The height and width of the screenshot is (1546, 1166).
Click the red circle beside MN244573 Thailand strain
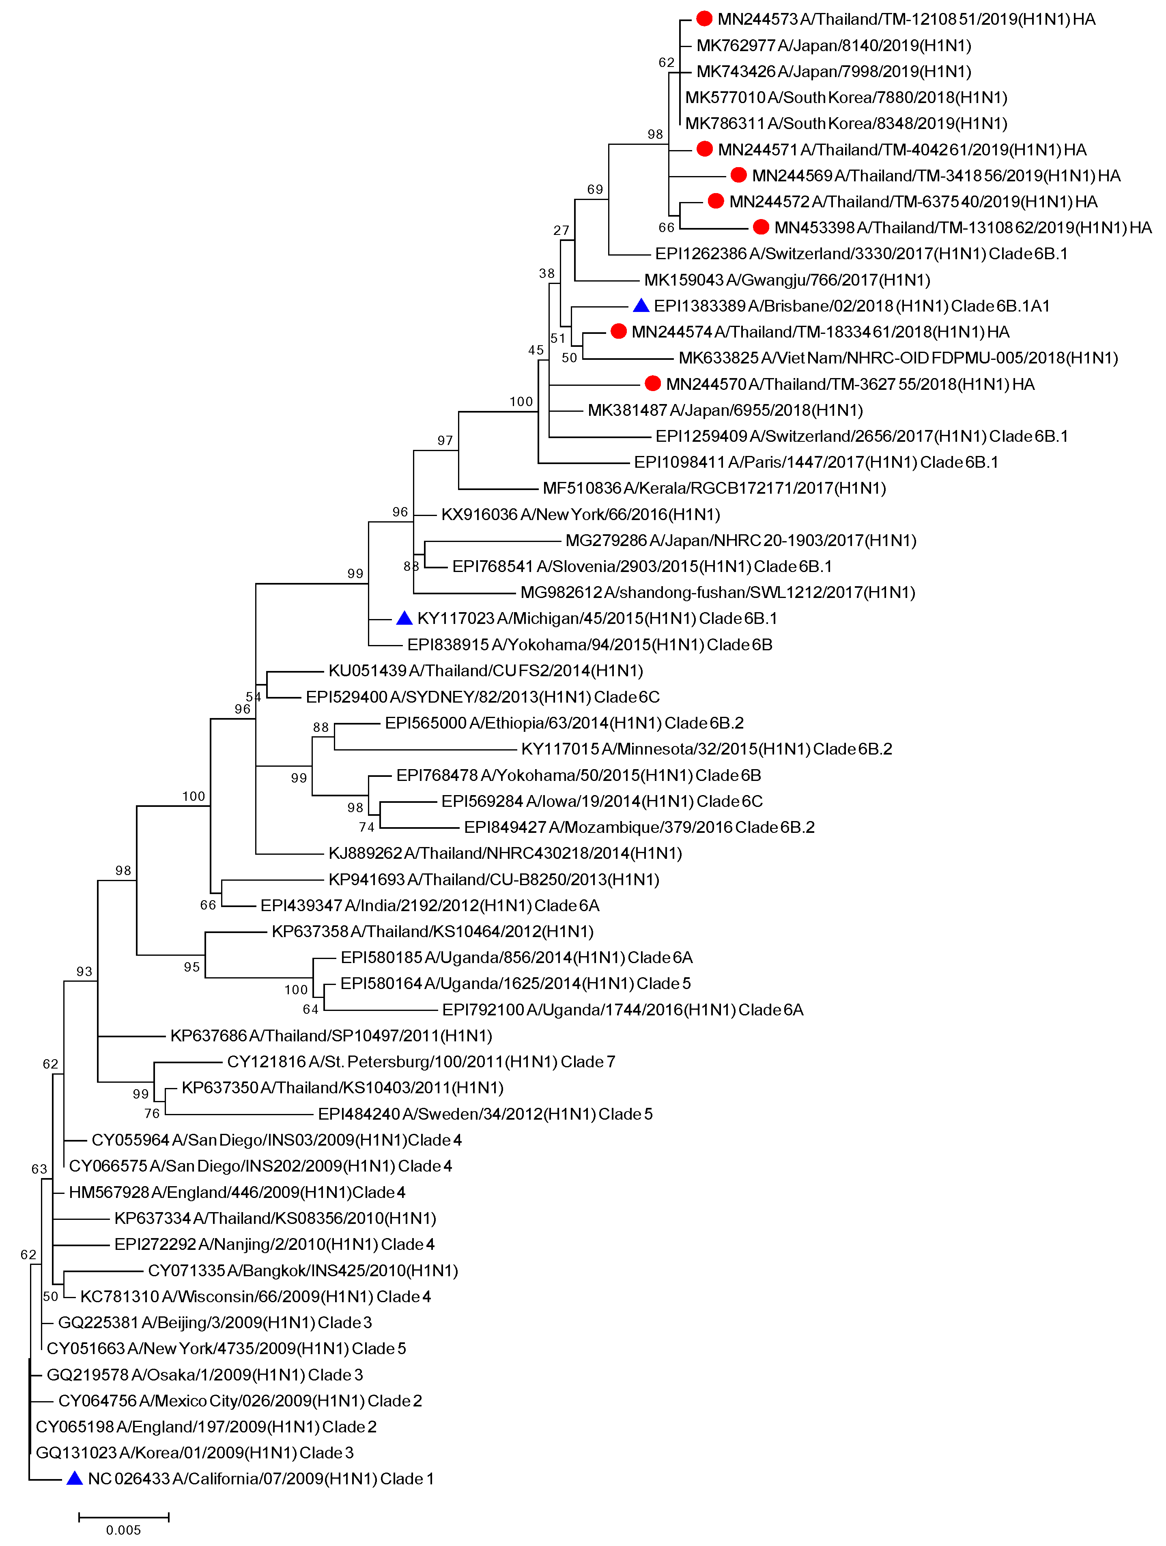704,19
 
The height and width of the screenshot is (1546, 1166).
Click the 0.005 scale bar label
124,1530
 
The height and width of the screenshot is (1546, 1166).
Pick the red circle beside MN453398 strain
761,227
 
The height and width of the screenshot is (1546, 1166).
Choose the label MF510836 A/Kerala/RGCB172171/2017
714,488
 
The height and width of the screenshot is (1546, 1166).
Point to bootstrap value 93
84,972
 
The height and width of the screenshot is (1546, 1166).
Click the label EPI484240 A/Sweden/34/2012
485,1114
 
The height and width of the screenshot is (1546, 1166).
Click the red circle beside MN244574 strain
618,331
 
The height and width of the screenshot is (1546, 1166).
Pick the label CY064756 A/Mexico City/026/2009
240,1401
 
